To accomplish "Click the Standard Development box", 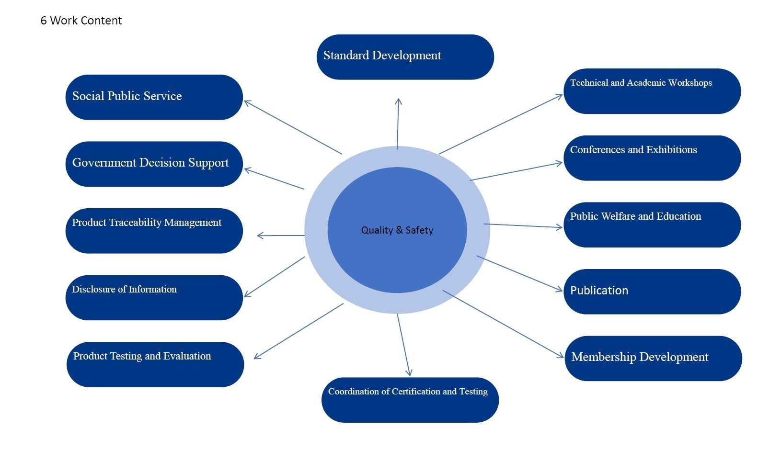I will pyautogui.click(x=405, y=57).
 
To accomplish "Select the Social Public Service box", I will pyautogui.click(x=154, y=97).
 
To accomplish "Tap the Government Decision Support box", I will pyautogui.click(x=154, y=164).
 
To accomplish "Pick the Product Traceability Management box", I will pyautogui.click(x=154, y=231).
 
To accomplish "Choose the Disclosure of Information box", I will pyautogui.click(x=154, y=297).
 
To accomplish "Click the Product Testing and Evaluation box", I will pyautogui.click(x=155, y=364).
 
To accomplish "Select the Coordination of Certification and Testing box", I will pyautogui.click(x=410, y=400).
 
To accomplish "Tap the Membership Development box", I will pyautogui.click(x=653, y=358).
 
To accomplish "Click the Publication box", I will pyautogui.click(x=652, y=292).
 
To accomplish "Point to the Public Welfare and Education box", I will pyautogui.click(x=652, y=225).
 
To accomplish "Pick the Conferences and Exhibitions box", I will pyautogui.click(x=652, y=158).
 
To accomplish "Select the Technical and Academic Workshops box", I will pyautogui.click(x=652, y=91).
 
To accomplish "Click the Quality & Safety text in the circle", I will pyautogui.click(x=397, y=230).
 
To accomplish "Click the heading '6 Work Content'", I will pyautogui.click(x=81, y=21).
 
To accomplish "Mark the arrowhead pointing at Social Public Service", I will pyautogui.click(x=246, y=101).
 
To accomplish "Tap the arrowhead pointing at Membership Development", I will pyautogui.click(x=562, y=357).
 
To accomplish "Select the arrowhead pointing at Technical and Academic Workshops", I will pyautogui.click(x=561, y=95).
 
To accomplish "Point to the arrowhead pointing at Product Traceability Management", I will pyautogui.click(x=259, y=236).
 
